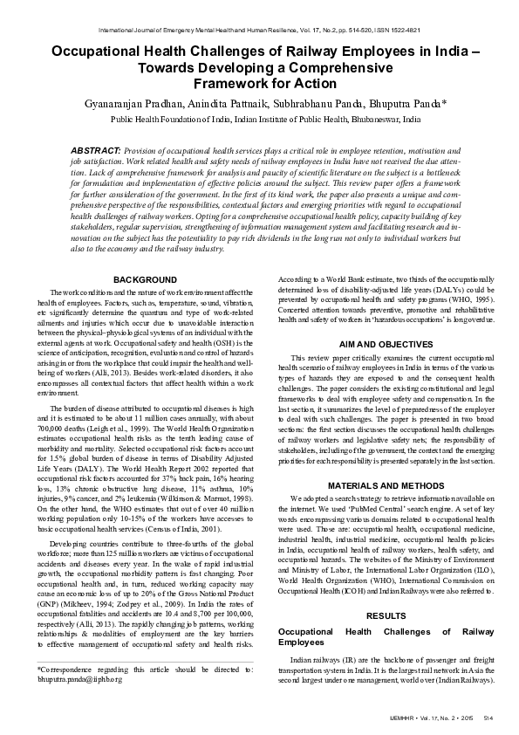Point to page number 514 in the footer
point(488,717)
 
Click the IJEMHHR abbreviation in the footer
point(416,717)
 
